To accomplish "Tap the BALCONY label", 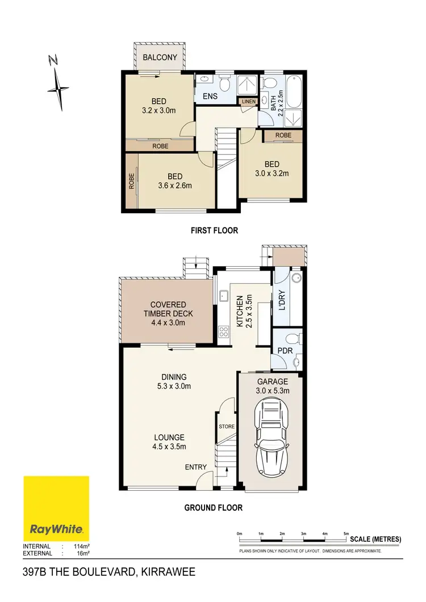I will pyautogui.click(x=160, y=57).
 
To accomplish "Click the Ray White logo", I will pyautogui.click(x=56, y=508).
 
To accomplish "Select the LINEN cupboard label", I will pyautogui.click(x=249, y=102).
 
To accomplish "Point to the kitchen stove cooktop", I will pyautogui.click(x=223, y=332).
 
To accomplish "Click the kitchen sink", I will pyautogui.click(x=223, y=296).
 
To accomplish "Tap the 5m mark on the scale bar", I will pyautogui.click(x=346, y=534).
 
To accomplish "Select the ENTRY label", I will pyautogui.click(x=195, y=467).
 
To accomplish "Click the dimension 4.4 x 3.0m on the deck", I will pyautogui.click(x=168, y=322).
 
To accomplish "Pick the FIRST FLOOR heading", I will pyautogui.click(x=214, y=230).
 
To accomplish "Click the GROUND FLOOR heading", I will pyautogui.click(x=213, y=508).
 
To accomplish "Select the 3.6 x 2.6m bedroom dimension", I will pyautogui.click(x=175, y=186).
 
